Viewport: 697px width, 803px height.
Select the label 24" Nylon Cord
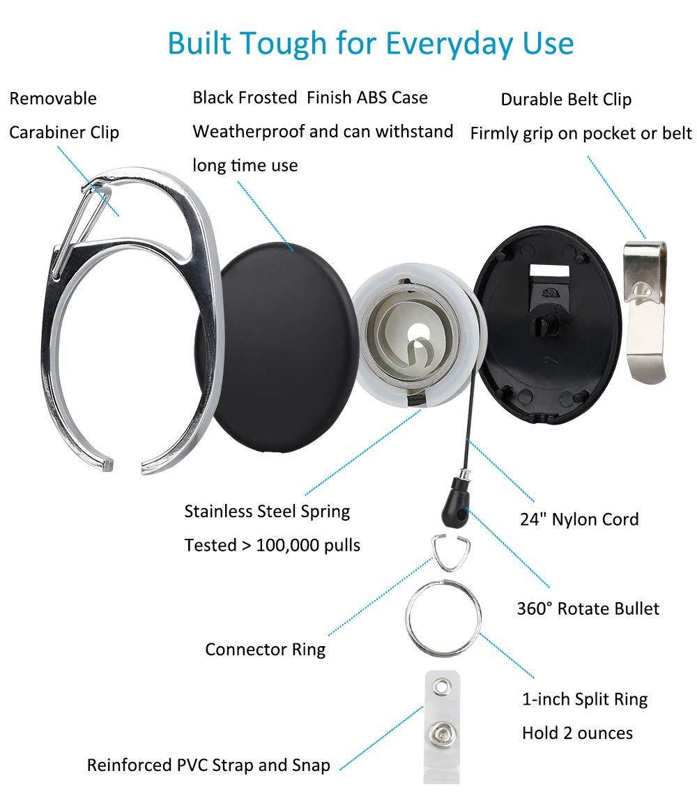coord(579,519)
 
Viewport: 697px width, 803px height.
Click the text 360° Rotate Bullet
coord(588,609)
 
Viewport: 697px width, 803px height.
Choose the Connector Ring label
coord(265,650)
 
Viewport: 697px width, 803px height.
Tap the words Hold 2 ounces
coord(577,733)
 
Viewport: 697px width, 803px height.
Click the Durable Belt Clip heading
coord(566,100)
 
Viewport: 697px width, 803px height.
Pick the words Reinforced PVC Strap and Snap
coord(208,765)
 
